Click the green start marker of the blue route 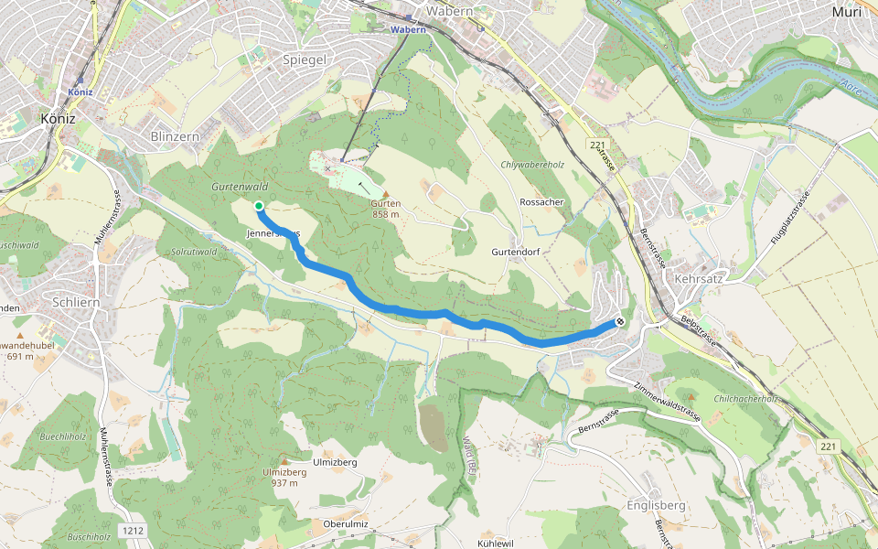coord(259,206)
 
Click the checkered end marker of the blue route coord(620,321)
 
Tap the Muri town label coord(846,12)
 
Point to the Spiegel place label coord(305,59)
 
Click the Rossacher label coord(541,201)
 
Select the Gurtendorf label coord(518,251)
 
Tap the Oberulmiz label coord(345,523)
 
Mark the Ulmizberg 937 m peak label coord(284,477)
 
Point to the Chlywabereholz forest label coord(528,166)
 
